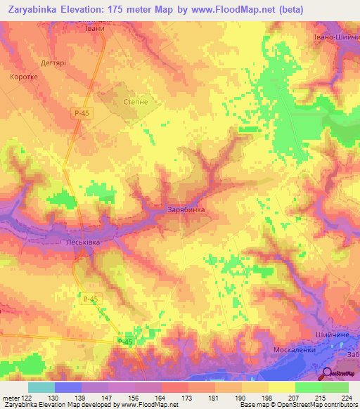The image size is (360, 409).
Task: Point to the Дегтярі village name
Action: pyautogui.click(x=51, y=62)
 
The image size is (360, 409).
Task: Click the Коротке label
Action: pyautogui.click(x=25, y=77)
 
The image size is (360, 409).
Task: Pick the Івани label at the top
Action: pyautogui.click(x=95, y=28)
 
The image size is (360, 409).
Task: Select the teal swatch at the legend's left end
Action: pyautogui.click(x=41, y=387)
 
